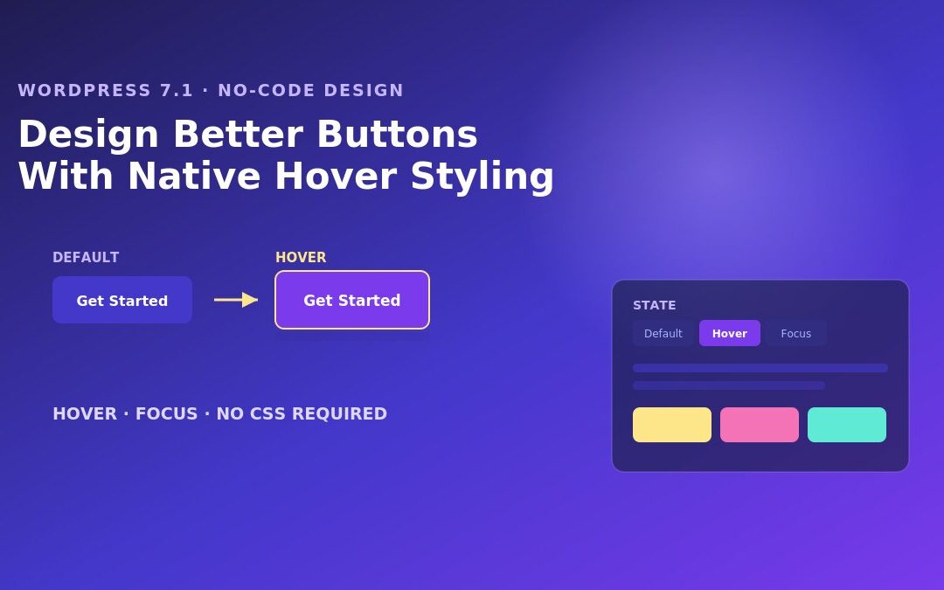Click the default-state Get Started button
(122, 300)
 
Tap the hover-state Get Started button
(352, 300)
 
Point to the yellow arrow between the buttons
(236, 299)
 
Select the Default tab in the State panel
(663, 334)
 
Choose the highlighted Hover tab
(730, 334)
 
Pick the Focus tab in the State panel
(796, 334)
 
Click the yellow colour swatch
(672, 425)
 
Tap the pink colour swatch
(760, 425)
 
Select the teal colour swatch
(846, 425)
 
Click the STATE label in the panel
(655, 305)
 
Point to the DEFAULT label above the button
(86, 258)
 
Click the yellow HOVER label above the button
(301, 258)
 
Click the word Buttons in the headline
(397, 134)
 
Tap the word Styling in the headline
(482, 177)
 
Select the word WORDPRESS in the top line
(84, 90)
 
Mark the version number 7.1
(177, 90)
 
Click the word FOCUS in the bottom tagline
(166, 413)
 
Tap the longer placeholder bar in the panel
(760, 368)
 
